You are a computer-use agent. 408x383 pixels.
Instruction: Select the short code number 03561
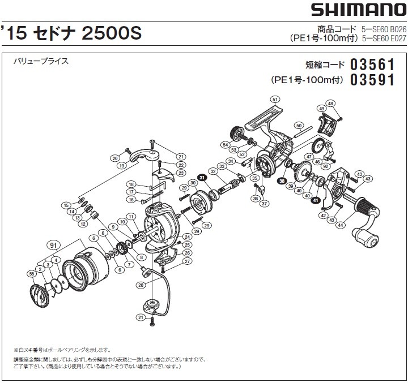(x=372, y=64)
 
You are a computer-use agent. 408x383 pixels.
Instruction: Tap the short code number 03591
(x=372, y=80)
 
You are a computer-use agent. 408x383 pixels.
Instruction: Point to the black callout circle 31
(x=202, y=177)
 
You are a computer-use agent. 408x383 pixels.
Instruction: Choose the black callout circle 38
(x=282, y=180)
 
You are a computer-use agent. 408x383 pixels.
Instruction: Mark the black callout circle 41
(x=315, y=199)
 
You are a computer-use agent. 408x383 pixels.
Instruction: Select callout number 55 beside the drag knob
(x=32, y=274)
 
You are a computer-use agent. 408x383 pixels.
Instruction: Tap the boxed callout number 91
(x=54, y=245)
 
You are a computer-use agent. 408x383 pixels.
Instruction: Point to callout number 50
(x=299, y=125)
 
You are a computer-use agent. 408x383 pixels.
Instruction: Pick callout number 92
(x=325, y=166)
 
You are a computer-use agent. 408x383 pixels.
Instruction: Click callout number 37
(x=264, y=204)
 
